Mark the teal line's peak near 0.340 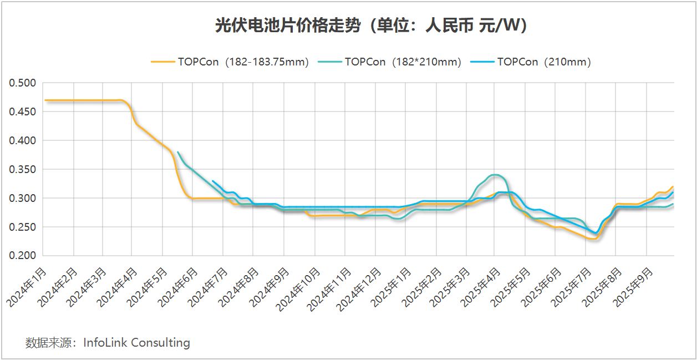495,175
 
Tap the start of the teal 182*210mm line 177,152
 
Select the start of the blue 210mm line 213,181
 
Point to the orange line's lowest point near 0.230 594,239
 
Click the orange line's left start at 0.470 45,100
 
